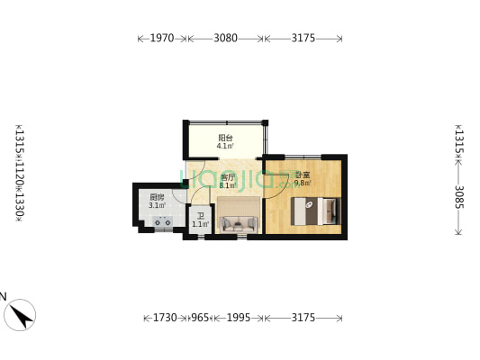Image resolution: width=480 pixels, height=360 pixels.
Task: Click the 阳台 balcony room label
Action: [x=225, y=138]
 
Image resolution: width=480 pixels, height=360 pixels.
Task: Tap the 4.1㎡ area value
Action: [x=225, y=146]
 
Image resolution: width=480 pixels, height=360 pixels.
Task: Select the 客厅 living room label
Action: [x=227, y=177]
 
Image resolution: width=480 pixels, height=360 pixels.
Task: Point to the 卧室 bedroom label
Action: [x=302, y=175]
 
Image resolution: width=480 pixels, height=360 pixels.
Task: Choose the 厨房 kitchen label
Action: [x=157, y=197]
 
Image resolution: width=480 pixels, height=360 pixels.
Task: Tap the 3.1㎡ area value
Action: [x=157, y=205]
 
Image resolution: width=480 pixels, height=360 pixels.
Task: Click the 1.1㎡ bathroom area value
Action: [x=200, y=224]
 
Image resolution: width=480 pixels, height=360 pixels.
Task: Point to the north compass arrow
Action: [x=20, y=314]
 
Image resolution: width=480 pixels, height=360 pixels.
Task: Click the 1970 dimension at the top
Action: [x=162, y=39]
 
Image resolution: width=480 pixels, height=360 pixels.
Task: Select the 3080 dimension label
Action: [x=226, y=39]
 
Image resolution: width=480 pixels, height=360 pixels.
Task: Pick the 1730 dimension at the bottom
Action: [x=164, y=318]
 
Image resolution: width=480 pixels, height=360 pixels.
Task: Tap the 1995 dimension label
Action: [x=239, y=318]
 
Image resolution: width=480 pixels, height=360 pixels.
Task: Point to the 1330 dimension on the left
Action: [x=19, y=207]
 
